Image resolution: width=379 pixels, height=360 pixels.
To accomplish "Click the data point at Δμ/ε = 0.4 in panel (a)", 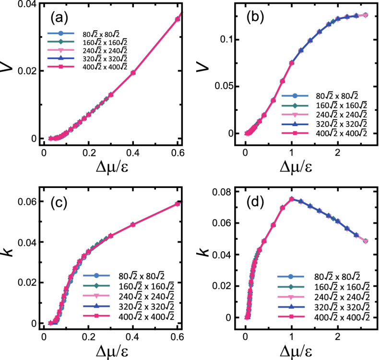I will [133, 73].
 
